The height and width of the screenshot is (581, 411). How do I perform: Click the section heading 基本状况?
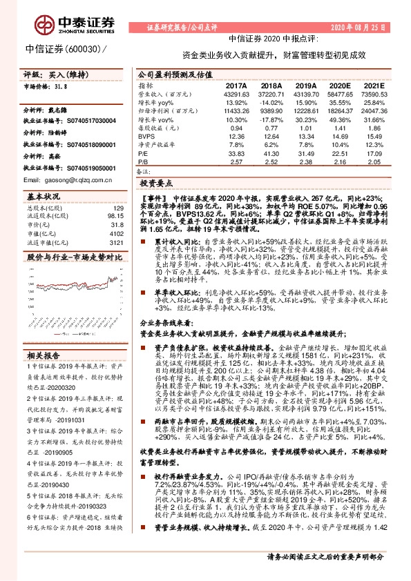(43, 195)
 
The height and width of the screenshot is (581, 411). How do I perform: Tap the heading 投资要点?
(156, 185)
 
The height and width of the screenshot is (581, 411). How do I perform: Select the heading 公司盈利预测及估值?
(170, 73)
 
